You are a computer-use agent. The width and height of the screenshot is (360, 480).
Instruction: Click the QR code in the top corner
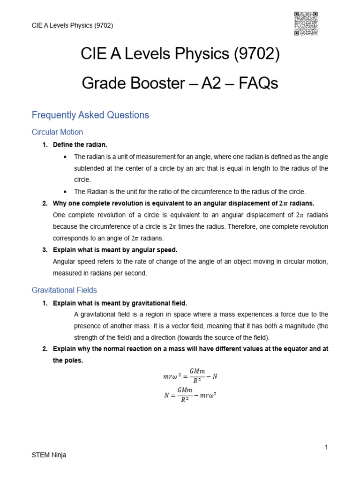[306, 23]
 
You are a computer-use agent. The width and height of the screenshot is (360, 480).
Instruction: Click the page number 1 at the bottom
[326, 447]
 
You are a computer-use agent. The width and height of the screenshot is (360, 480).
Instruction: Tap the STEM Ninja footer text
[49, 455]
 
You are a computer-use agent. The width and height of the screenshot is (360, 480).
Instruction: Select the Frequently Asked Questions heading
[90, 115]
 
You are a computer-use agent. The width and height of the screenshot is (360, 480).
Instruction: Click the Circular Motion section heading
[57, 132]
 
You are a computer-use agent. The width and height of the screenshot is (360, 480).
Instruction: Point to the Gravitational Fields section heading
[64, 290]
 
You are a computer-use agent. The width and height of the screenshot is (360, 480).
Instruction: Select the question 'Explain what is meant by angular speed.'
[115, 250]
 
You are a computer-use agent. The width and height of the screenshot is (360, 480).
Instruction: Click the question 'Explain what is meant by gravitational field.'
[120, 303]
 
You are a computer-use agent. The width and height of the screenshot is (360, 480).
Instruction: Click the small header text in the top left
[72, 25]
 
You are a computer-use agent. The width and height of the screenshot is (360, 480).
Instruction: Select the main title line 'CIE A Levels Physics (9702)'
[180, 55]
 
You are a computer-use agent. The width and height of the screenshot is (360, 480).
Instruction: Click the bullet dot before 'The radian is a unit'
[64, 157]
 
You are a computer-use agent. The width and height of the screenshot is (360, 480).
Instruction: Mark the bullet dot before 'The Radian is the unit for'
[64, 192]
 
